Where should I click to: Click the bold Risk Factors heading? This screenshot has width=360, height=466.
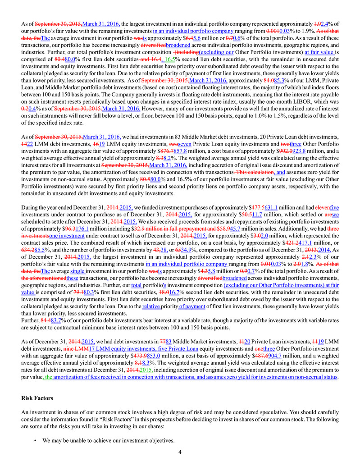38,398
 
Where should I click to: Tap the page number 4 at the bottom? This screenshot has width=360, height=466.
180,452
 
